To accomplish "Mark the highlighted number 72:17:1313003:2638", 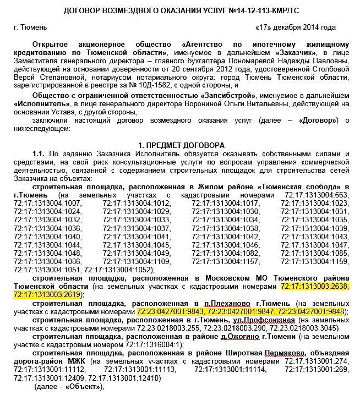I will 314,286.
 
